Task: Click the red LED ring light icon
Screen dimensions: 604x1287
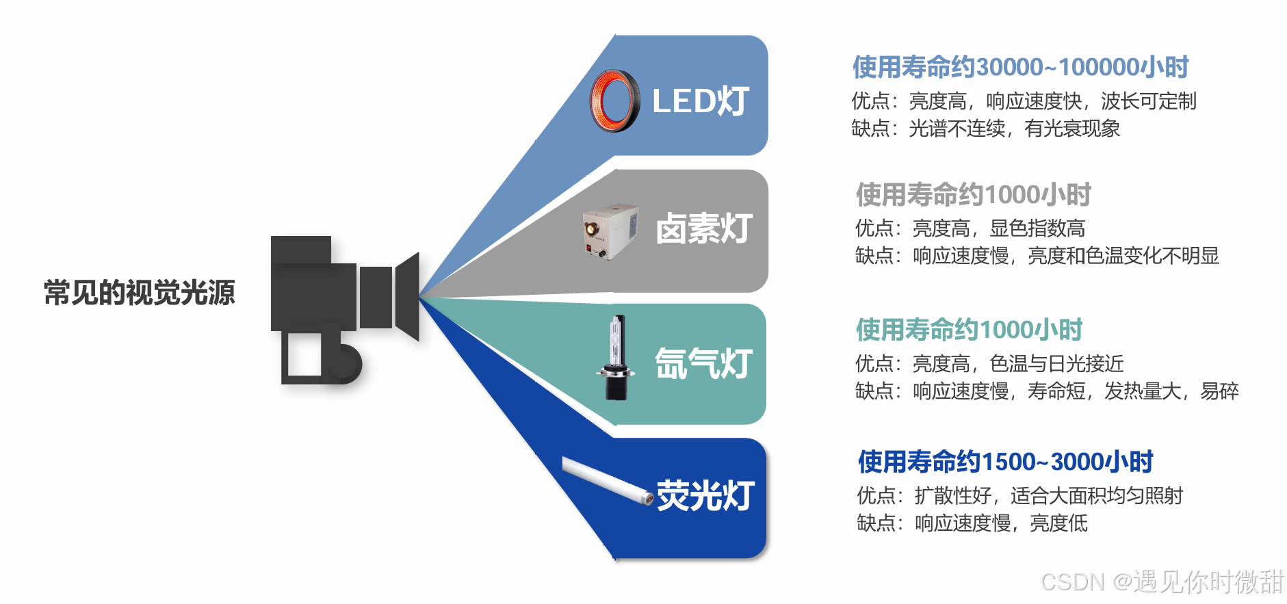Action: click(x=614, y=101)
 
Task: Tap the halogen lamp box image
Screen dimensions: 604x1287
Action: click(x=610, y=231)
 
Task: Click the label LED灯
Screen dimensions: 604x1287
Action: click(x=701, y=101)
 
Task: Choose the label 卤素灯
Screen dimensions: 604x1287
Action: click(x=704, y=228)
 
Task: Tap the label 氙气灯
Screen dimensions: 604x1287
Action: click(x=703, y=363)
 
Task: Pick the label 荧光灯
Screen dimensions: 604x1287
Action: click(x=705, y=495)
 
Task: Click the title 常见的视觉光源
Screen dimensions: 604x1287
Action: click(x=140, y=293)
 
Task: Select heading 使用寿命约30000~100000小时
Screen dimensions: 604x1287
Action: click(x=1020, y=67)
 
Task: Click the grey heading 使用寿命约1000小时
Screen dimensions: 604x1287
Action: click(x=973, y=195)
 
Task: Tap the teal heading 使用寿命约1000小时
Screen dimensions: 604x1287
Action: click(x=969, y=330)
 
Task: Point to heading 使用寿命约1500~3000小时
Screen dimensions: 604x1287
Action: click(x=1005, y=462)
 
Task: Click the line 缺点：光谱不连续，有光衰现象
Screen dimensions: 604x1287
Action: click(x=985, y=129)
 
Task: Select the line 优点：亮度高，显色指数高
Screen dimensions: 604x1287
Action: click(x=970, y=228)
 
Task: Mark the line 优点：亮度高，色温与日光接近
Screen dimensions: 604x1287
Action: click(x=989, y=363)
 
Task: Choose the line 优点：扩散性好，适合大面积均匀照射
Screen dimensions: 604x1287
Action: click(x=1019, y=495)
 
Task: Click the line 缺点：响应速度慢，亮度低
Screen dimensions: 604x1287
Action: click(x=972, y=523)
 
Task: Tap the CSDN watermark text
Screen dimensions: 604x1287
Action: click(x=1161, y=581)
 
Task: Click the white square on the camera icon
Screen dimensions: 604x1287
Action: click(x=304, y=354)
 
